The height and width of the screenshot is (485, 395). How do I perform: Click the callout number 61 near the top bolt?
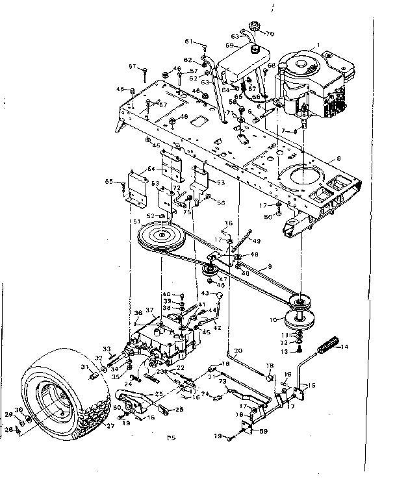[x=190, y=41]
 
